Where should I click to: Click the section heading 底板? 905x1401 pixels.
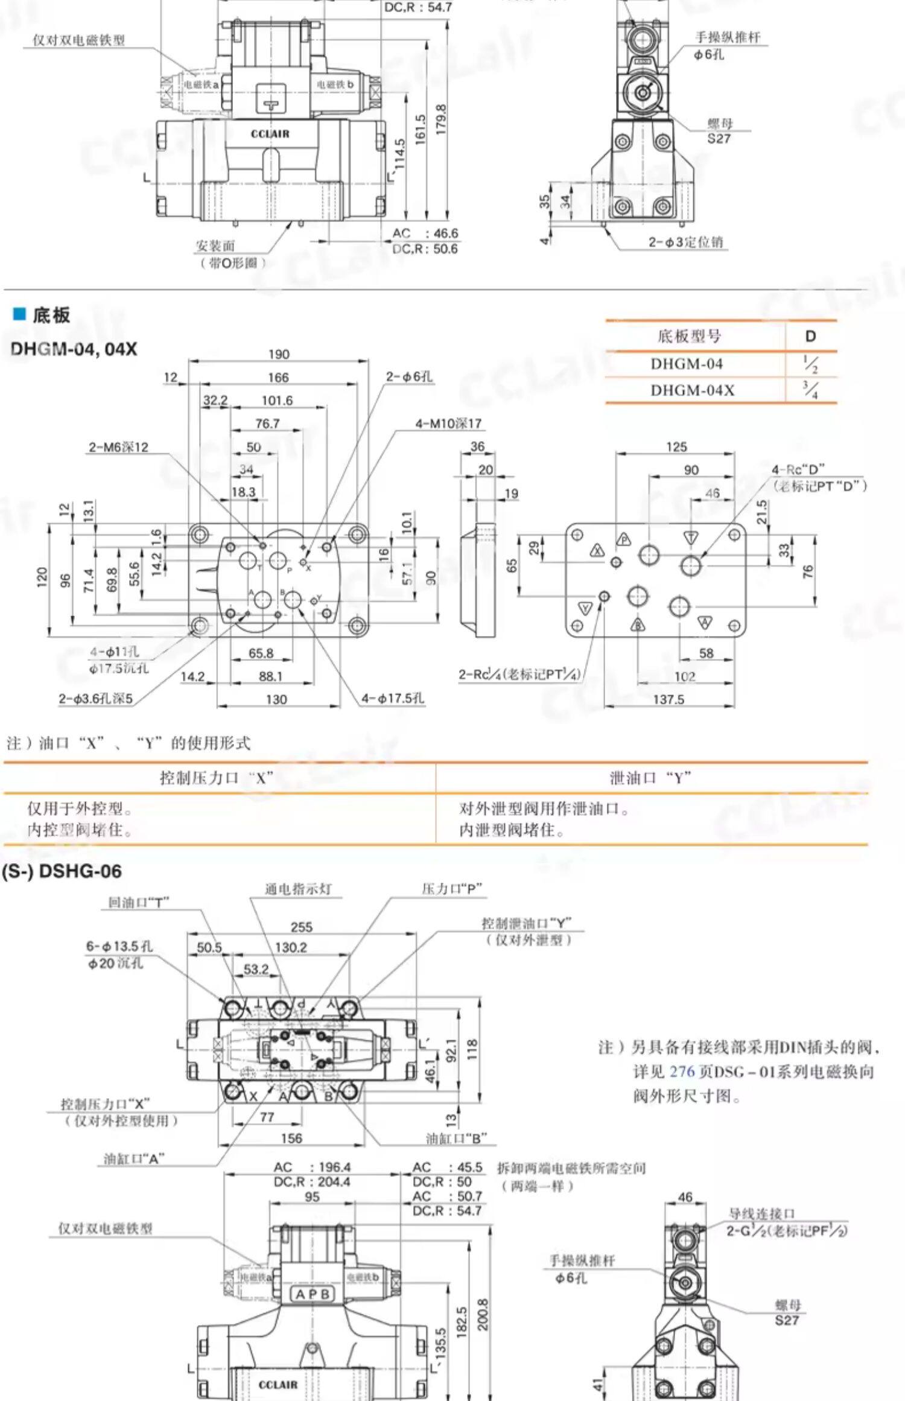click(x=51, y=315)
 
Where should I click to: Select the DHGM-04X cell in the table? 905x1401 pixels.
click(x=692, y=390)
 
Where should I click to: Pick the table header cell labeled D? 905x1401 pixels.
click(x=810, y=336)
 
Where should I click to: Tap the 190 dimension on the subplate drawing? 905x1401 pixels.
click(x=279, y=354)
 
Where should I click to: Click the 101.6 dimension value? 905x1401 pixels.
click(x=277, y=401)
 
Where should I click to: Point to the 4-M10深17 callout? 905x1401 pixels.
click(x=448, y=424)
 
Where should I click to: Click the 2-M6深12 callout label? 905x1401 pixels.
click(x=118, y=447)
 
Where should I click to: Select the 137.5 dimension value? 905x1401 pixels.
click(x=668, y=699)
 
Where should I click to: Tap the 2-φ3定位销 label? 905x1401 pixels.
click(x=685, y=242)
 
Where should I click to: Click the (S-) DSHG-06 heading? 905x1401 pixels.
click(x=62, y=871)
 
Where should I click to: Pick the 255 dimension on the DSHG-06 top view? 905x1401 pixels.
click(x=301, y=927)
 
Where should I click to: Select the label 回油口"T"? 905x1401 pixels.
click(x=138, y=902)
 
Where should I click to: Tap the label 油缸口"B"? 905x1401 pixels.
click(x=456, y=1139)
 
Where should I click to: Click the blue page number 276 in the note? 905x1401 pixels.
click(x=682, y=1072)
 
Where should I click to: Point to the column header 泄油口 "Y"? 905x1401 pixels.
click(x=650, y=778)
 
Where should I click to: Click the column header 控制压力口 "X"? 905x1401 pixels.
click(x=216, y=778)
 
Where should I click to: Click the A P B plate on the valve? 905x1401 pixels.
click(x=313, y=1294)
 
